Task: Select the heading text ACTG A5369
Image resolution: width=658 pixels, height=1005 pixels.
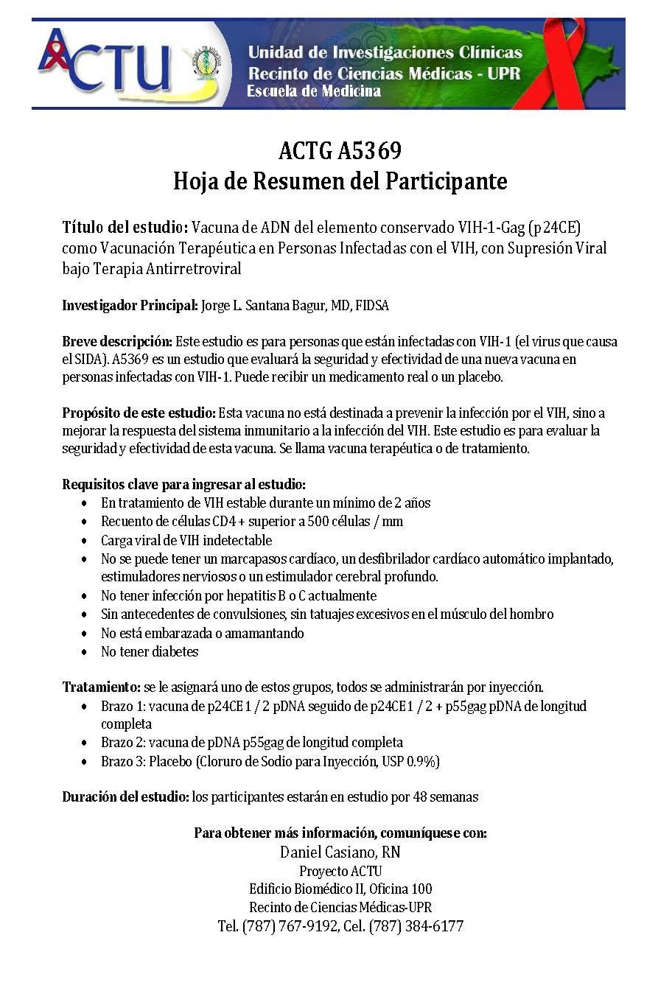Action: click(340, 151)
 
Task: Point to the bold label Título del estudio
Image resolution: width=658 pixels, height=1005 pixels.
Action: click(126, 228)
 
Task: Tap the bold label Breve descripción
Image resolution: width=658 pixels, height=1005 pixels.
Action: click(117, 342)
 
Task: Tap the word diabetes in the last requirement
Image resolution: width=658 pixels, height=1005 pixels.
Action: click(175, 651)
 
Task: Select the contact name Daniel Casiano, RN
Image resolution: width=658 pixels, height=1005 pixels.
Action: click(340, 853)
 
